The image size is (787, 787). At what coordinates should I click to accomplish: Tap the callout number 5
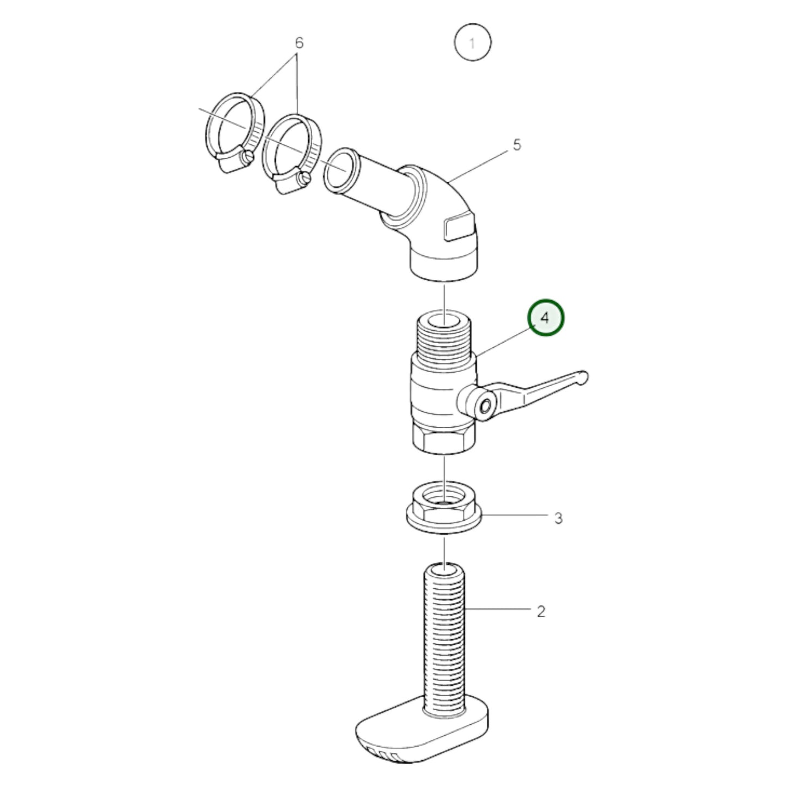(x=517, y=145)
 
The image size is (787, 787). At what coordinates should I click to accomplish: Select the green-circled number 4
(x=545, y=318)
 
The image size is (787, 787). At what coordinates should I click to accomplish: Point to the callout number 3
(x=558, y=518)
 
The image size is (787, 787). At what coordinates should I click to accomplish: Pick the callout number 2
(x=541, y=612)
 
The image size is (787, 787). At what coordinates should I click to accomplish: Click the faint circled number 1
(x=472, y=43)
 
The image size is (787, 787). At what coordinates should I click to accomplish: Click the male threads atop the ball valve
(x=446, y=338)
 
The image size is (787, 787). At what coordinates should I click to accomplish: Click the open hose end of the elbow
(x=340, y=170)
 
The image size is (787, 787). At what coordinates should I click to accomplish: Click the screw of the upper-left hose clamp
(x=248, y=158)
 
